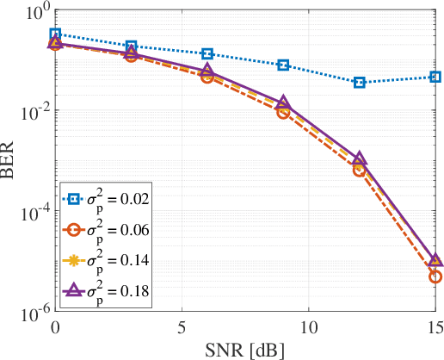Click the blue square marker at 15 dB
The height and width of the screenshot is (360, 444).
pyautogui.click(x=435, y=78)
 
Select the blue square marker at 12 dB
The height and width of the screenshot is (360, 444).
pyautogui.click(x=360, y=83)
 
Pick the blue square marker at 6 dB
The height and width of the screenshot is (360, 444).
pyautogui.click(x=207, y=53)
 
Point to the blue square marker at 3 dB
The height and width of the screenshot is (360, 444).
pyautogui.click(x=131, y=46)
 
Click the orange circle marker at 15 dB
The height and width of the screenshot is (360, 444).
pyautogui.click(x=435, y=276)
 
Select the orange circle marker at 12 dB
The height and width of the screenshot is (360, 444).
pyautogui.click(x=360, y=170)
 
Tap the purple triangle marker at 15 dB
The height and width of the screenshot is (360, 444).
pyautogui.click(x=435, y=260)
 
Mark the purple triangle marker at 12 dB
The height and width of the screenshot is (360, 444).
pyautogui.click(x=360, y=159)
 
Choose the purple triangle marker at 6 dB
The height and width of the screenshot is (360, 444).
pyautogui.click(x=207, y=71)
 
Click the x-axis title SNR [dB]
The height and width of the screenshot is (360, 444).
pyautogui.click(x=245, y=349)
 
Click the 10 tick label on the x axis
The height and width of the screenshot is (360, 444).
pyautogui.click(x=309, y=327)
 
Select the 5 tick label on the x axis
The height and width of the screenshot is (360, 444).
pyautogui.click(x=182, y=327)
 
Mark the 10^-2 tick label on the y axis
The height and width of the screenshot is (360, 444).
pyautogui.click(x=32, y=111)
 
